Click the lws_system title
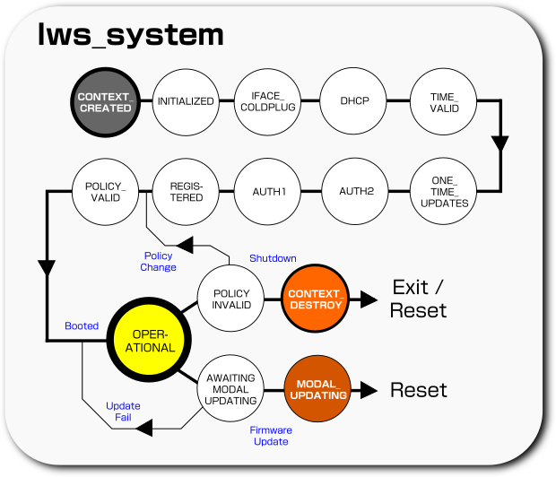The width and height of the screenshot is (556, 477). [x=129, y=35]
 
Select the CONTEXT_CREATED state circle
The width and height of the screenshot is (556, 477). [x=105, y=102]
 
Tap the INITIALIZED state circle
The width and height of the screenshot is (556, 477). [x=186, y=102]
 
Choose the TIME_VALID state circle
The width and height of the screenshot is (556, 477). [x=443, y=102]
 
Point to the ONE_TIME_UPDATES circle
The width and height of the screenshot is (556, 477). [x=443, y=191]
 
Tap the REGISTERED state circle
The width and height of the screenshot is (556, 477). [x=186, y=191]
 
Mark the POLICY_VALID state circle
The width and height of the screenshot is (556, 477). [x=105, y=191]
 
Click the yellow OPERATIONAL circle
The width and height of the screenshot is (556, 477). [x=140, y=341]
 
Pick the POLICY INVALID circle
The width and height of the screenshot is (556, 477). [x=230, y=299]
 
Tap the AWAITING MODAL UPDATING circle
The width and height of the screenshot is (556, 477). [x=230, y=389]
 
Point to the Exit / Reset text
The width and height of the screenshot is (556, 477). [x=418, y=299]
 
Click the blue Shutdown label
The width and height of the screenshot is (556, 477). [x=273, y=258]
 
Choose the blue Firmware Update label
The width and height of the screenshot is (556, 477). [x=271, y=436]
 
